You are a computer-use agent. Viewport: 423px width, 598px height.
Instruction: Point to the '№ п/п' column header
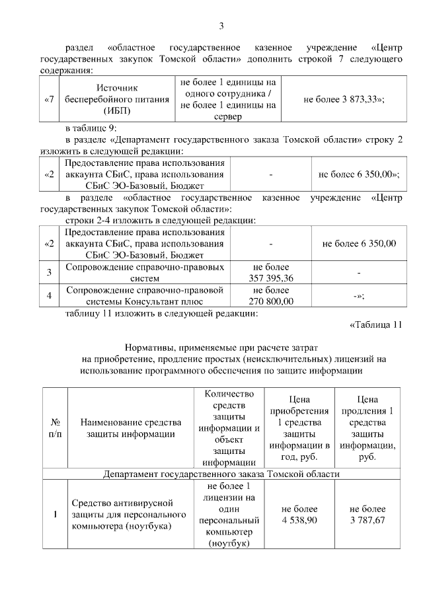pos(55,428)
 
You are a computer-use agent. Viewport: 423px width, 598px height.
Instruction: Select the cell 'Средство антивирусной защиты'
pos(130,514)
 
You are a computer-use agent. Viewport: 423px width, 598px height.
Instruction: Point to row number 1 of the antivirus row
pos(55,514)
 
